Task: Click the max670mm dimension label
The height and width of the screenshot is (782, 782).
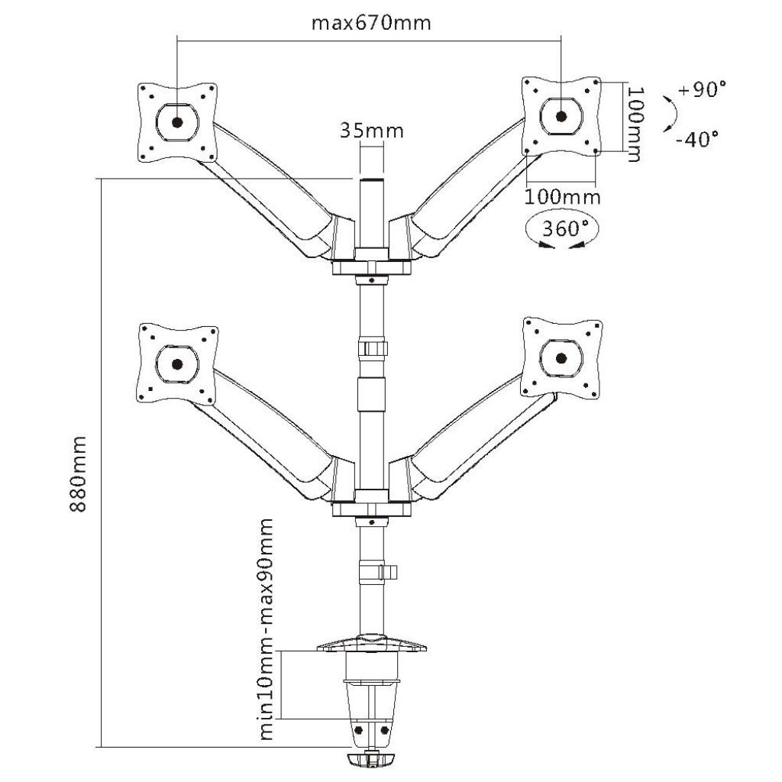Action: (371, 22)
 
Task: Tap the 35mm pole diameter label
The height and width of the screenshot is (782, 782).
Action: (371, 131)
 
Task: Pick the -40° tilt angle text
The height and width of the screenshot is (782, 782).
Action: (696, 139)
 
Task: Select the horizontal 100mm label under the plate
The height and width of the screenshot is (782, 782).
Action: (561, 196)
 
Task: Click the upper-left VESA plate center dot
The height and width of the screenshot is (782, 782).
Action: (177, 121)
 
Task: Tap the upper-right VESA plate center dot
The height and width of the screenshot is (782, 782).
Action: (561, 117)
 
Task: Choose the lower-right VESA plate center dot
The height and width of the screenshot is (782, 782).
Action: (561, 357)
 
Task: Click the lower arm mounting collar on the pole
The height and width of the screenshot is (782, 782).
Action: (371, 509)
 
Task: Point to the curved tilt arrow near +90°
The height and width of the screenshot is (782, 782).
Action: (669, 113)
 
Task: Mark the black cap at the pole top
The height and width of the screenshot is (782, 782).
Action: (371, 181)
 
